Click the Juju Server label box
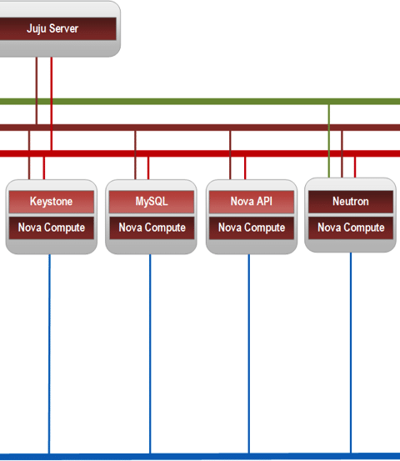57,28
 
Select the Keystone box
52,202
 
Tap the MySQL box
152,202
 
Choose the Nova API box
252,202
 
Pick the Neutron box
351,202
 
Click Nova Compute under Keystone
52,228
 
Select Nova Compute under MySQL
152,228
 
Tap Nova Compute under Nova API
252,228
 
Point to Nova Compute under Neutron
351,228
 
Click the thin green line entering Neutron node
329,141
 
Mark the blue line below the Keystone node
49,354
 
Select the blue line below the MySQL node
150,354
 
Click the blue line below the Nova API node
249,354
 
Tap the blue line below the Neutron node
351,353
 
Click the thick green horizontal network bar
200,102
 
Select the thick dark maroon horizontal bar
200,128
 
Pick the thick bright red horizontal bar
200,153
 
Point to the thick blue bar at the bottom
200,457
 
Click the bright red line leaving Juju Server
52,103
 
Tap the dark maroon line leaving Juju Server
37,91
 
